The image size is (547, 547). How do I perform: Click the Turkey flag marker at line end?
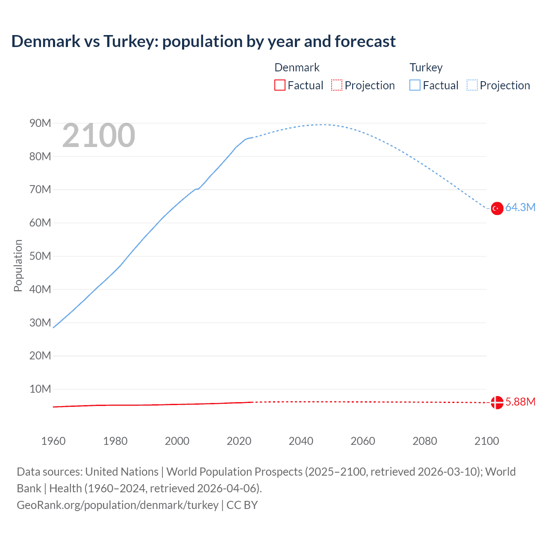(497, 209)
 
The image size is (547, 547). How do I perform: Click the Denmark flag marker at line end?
(497, 402)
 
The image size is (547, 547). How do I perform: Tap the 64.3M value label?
(520, 208)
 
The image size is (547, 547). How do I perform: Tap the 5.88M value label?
(520, 402)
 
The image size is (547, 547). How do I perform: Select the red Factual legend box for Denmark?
(279, 85)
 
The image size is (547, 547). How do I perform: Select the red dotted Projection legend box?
(337, 85)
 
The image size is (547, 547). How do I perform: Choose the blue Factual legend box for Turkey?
(415, 85)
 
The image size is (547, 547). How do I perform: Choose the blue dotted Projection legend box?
(472, 85)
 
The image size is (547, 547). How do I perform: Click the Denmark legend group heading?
(297, 68)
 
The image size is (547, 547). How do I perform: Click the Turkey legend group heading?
(426, 68)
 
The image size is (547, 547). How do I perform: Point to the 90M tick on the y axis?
(40, 124)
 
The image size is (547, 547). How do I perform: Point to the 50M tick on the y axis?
(40, 256)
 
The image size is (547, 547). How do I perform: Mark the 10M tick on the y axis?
(40, 389)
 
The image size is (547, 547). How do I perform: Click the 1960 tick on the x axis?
(53, 441)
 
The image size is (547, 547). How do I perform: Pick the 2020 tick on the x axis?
(239, 441)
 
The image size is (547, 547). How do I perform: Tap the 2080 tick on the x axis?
(424, 441)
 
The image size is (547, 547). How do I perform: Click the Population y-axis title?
(18, 265)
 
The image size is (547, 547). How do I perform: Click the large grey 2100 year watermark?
(99, 136)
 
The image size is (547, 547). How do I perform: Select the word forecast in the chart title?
(365, 41)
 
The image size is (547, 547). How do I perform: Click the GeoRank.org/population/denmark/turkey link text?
(118, 505)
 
